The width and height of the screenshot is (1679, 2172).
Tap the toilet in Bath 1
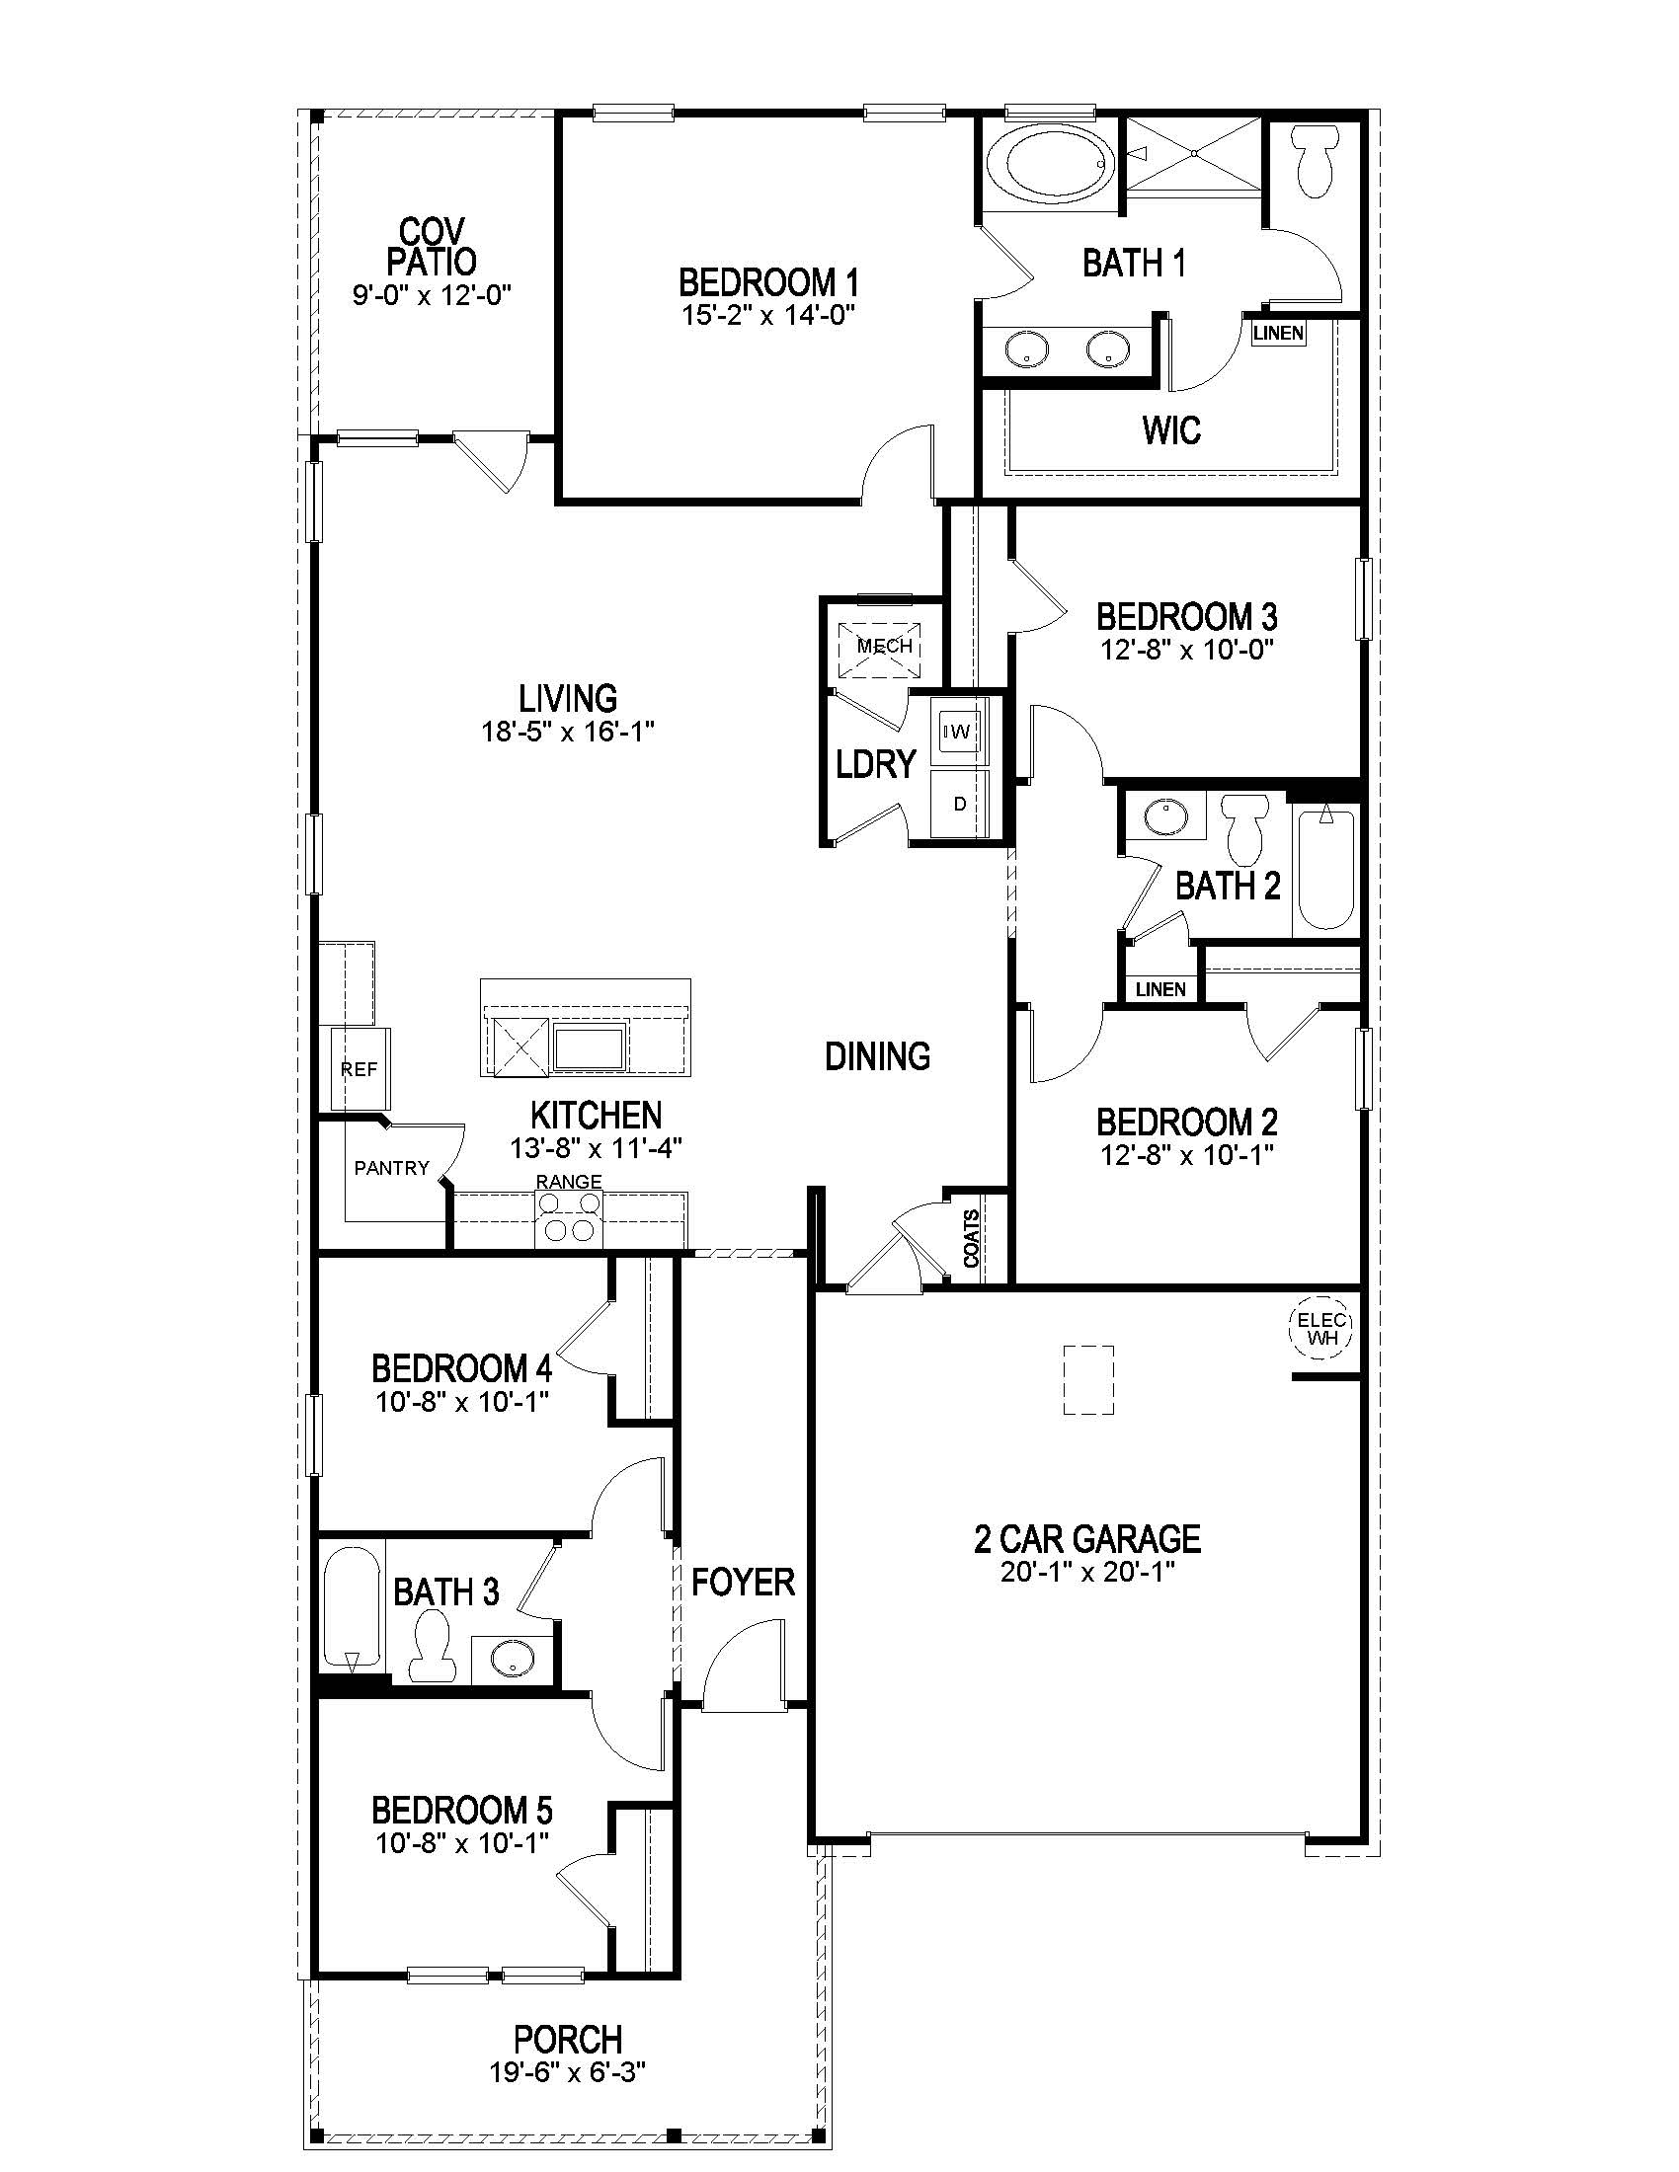click(1316, 164)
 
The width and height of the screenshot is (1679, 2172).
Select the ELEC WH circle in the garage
click(1321, 1328)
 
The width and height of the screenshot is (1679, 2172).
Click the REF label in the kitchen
click(359, 1070)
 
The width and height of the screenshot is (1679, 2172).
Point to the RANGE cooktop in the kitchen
click(569, 1217)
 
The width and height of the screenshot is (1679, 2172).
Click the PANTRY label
click(391, 1168)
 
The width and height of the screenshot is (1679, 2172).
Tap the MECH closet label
click(884, 646)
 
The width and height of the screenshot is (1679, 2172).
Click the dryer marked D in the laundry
click(960, 804)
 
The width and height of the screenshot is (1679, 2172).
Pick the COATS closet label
click(972, 1238)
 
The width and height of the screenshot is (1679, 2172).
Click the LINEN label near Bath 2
click(1160, 988)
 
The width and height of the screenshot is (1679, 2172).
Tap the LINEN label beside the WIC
click(1278, 333)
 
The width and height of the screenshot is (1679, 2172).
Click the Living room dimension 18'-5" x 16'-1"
click(568, 732)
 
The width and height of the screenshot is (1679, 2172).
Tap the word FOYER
click(743, 1582)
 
